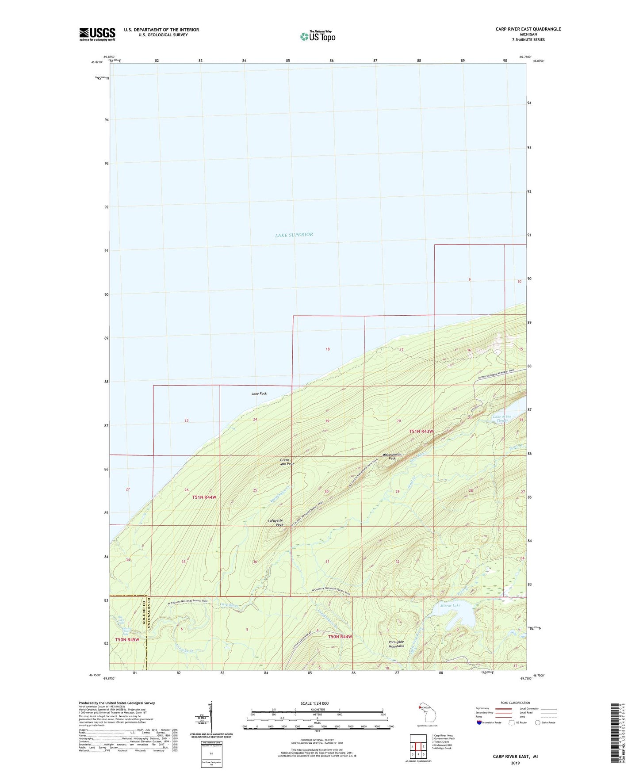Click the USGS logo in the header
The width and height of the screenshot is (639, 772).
coord(97,34)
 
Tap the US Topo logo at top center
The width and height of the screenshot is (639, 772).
coord(318,36)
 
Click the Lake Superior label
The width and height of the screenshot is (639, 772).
coord(294,235)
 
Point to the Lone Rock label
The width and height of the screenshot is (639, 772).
coord(259,394)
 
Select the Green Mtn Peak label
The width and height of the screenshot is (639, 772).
coord(287,462)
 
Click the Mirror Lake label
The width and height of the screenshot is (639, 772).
coord(450,605)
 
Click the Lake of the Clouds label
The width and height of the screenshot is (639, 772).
coord(502,418)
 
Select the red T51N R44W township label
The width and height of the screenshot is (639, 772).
coord(204,497)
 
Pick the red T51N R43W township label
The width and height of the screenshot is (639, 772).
coord(421,431)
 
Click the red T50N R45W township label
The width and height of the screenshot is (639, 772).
coord(127,639)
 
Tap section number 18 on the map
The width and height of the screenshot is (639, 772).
coord(328,349)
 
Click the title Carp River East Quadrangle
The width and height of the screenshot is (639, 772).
coord(528,29)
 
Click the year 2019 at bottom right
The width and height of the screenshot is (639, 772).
coord(515,763)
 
